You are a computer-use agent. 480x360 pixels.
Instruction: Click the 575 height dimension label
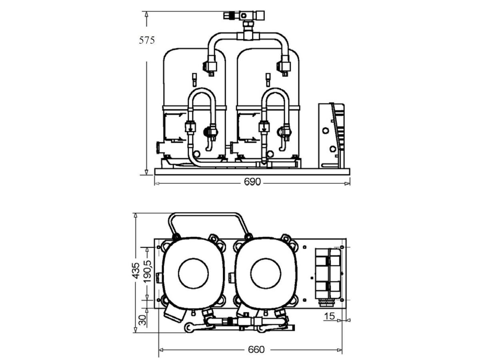[147, 40]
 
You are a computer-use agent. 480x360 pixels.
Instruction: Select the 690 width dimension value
[252, 182]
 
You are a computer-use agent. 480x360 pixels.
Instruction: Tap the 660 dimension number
[256, 350]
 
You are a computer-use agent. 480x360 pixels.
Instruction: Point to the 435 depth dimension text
[136, 271]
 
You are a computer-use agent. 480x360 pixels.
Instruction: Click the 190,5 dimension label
[147, 272]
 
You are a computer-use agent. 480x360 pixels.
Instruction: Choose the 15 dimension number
[329, 316]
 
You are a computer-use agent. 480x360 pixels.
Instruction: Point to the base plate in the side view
[252, 172]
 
